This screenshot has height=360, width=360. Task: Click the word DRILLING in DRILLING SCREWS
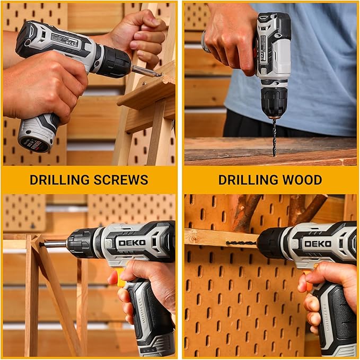(x=58, y=180)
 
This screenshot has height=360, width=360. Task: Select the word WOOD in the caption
(x=300, y=180)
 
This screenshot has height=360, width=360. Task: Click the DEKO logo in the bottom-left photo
(x=131, y=243)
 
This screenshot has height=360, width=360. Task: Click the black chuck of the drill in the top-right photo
(x=274, y=101)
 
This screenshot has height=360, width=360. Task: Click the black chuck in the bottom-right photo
(x=271, y=243)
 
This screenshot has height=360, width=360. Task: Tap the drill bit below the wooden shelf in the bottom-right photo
(x=241, y=243)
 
